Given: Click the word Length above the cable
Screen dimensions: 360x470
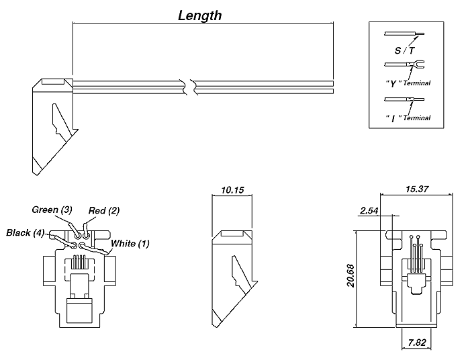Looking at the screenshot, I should tap(199, 15).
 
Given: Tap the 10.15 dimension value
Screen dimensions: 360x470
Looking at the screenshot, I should tap(232, 190).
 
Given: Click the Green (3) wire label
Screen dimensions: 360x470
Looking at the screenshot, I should tap(52, 210).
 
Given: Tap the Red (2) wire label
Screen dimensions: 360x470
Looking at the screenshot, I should tap(104, 211).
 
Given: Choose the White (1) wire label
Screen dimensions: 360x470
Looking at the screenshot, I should tap(130, 243).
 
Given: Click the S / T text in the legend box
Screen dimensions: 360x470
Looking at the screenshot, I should tap(405, 50).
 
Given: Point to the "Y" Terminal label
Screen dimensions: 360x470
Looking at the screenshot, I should tap(409, 83).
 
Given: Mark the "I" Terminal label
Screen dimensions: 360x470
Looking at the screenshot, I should tap(408, 118).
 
